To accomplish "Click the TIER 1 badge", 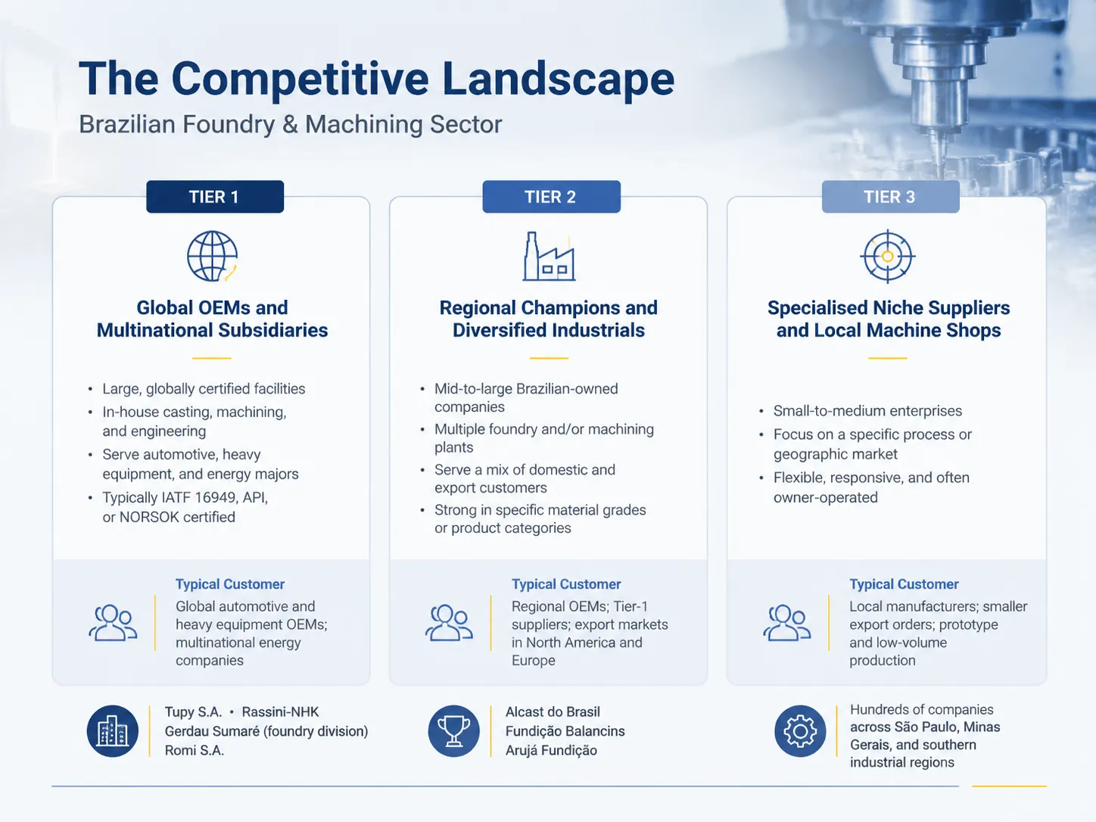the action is [x=215, y=197].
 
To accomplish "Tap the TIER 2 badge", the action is [x=551, y=197].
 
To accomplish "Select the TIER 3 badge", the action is [x=890, y=197].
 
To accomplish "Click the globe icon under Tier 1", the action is [x=212, y=256].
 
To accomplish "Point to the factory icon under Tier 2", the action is [x=549, y=256].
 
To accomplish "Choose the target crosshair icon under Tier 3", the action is [x=887, y=256].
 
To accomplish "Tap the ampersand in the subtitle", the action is [x=290, y=125].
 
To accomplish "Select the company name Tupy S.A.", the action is [x=193, y=711].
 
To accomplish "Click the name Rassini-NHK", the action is [x=280, y=711].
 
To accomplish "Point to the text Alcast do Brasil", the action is [x=553, y=711].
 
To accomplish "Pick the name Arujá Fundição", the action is [x=551, y=750].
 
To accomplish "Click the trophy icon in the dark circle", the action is [x=453, y=731].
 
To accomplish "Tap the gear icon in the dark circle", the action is [x=800, y=731].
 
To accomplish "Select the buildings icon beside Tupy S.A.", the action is [x=112, y=731].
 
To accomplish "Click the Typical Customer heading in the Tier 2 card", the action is [x=566, y=584].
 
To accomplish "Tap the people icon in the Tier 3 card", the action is [x=787, y=622].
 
